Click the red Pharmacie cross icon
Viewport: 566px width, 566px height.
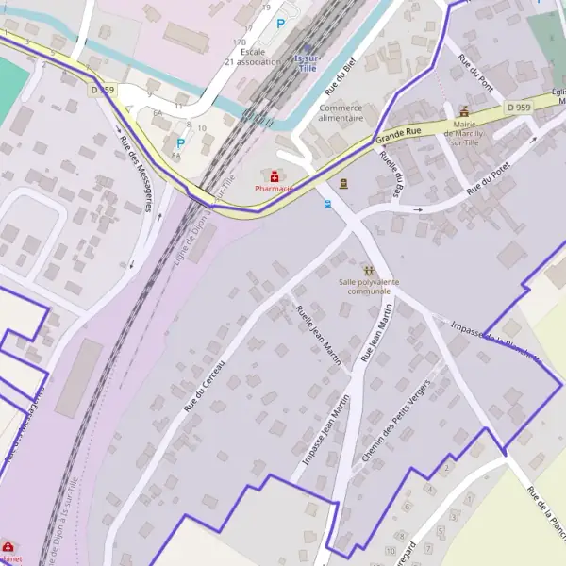click(x=275, y=175)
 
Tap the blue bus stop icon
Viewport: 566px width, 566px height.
click(x=327, y=203)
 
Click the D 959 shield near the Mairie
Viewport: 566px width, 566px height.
click(x=517, y=108)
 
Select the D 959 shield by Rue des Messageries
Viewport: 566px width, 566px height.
click(x=103, y=90)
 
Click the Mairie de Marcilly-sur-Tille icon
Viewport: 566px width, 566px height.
click(x=463, y=111)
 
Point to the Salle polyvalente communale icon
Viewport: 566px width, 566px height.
click(x=368, y=270)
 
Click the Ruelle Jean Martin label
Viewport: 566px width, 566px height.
click(x=318, y=336)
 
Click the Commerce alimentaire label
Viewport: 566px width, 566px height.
click(x=341, y=113)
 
